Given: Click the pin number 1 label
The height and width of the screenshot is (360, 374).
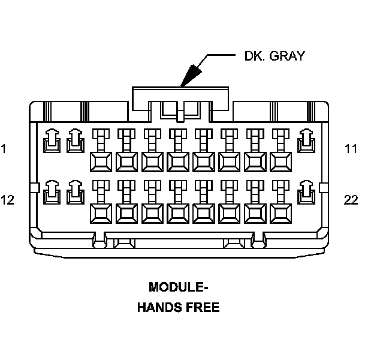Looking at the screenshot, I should pyautogui.click(x=4, y=148).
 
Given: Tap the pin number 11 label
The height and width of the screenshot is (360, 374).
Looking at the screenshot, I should pyautogui.click(x=351, y=148).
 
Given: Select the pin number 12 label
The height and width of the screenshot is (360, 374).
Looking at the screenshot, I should pyautogui.click(x=7, y=200).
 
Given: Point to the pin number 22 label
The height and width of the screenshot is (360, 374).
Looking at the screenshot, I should pyautogui.click(x=351, y=200).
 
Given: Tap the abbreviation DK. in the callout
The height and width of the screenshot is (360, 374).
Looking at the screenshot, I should pyautogui.click(x=254, y=56).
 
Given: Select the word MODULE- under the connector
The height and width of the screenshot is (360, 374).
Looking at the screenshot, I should pyautogui.click(x=178, y=287).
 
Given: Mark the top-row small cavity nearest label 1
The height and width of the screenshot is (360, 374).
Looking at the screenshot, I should pyautogui.click(x=52, y=140).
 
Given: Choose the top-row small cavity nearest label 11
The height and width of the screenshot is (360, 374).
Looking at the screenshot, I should pyautogui.click(x=307, y=140).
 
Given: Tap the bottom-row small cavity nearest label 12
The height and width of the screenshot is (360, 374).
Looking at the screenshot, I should pyautogui.click(x=52, y=191).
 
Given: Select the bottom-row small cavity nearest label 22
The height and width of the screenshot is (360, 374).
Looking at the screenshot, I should pyautogui.click(x=307, y=191).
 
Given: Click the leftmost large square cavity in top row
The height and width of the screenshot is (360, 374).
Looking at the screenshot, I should pyautogui.click(x=101, y=161).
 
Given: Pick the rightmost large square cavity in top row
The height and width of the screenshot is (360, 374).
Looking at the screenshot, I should pyautogui.click(x=281, y=161).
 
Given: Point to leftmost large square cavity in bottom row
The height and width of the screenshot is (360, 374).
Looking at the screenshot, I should pyautogui.click(x=101, y=213).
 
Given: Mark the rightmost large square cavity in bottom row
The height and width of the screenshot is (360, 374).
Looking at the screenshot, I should pyautogui.click(x=281, y=213).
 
